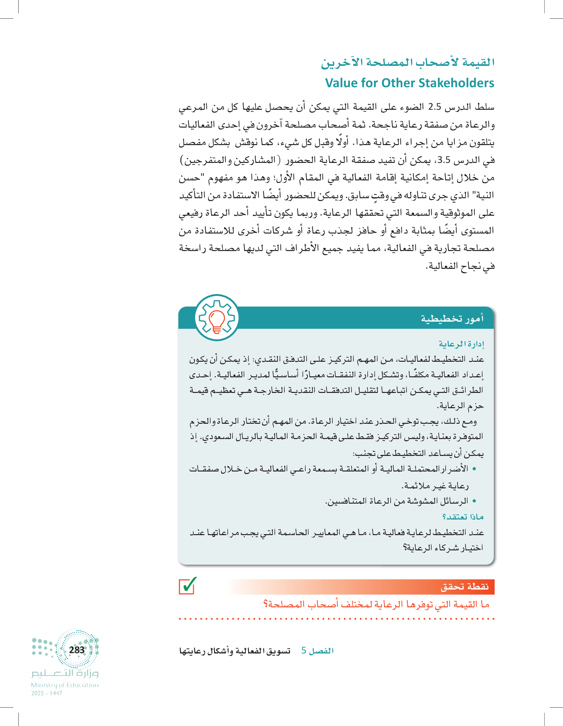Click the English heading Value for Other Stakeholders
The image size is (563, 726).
tap(409, 83)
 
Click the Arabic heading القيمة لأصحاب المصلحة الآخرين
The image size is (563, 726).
tap(407, 62)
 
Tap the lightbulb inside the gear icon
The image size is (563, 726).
tap(217, 319)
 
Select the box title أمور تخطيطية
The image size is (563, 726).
tap(452, 318)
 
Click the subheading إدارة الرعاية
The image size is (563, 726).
tap(461, 344)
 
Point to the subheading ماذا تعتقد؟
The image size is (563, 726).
tap(462, 517)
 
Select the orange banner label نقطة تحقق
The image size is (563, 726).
tap(464, 587)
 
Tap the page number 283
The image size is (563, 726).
tap(77, 650)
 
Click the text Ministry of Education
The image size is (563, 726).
tap(65, 685)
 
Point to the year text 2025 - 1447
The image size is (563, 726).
tap(47, 693)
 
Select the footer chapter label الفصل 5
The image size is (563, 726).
tap(317, 651)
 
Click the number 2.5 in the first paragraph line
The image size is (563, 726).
tap(434, 107)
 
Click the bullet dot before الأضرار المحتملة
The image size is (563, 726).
tap(474, 469)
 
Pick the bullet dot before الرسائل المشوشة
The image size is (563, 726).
tap(474, 501)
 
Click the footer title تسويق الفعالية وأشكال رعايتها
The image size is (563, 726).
tap(235, 651)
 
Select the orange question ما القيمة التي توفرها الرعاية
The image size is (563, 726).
tap(376, 604)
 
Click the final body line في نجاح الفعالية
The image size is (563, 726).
tap(460, 266)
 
